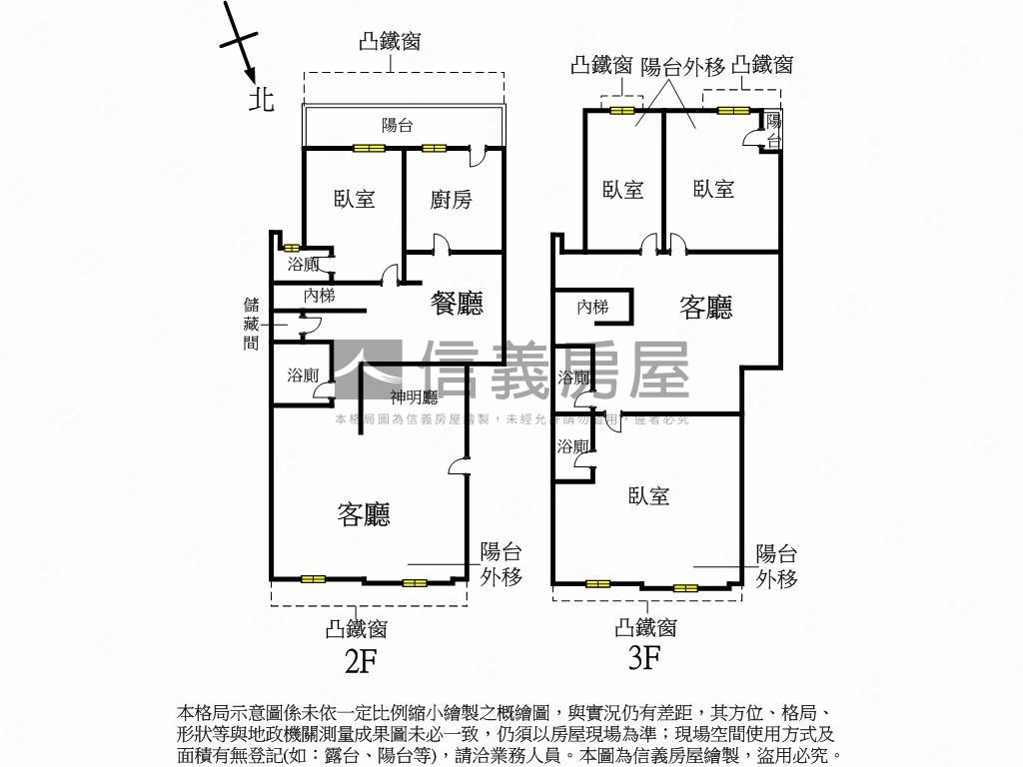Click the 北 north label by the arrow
262,99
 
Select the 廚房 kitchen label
451,200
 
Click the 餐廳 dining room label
457,304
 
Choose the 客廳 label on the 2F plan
363,514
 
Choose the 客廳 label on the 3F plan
706,307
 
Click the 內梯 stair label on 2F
319,296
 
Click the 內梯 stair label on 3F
592,308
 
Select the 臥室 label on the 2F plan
355,198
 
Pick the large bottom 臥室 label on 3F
648,494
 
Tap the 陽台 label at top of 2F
398,126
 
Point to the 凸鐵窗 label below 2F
357,629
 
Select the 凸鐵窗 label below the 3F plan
646,627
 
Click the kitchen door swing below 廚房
441,245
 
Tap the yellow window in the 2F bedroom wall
368,149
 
